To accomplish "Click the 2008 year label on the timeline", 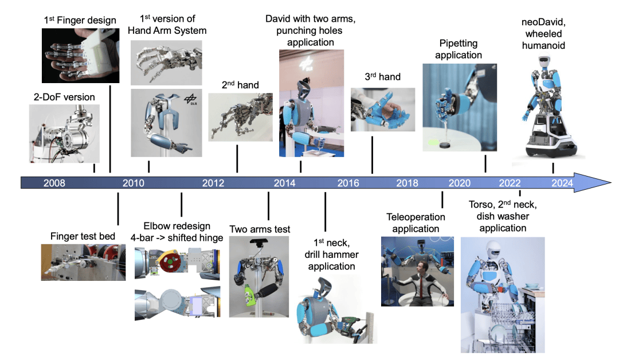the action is click(54, 183).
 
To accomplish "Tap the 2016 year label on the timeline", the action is click(348, 183).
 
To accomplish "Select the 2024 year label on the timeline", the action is click(562, 183).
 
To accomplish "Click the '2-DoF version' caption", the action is click(64, 97).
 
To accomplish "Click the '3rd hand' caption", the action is click(382, 77).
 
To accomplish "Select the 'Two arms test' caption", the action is click(260, 229).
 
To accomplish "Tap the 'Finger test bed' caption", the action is click(83, 236).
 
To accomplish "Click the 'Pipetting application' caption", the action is click(459, 49).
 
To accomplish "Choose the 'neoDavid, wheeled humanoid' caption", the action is click(543, 34).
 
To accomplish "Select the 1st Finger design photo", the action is click(81, 56).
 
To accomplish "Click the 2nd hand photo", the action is click(240, 118).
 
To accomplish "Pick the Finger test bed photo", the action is click(83, 263).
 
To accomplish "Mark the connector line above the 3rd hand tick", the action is click(373, 155).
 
